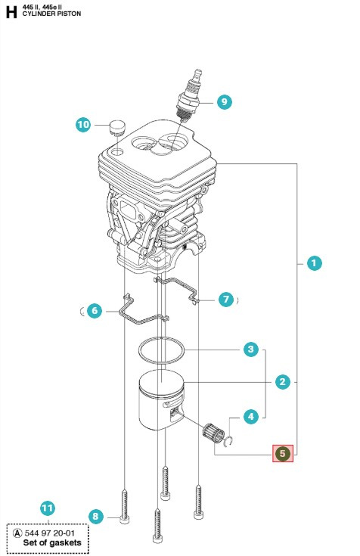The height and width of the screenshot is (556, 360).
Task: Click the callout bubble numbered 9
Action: pos(223,101)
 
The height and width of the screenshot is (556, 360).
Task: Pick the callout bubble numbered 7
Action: pos(225,300)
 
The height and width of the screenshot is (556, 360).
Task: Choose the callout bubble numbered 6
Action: pos(94,310)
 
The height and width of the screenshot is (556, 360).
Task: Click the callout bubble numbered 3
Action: pos(250,349)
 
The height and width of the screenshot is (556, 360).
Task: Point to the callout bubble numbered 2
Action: pos(282,382)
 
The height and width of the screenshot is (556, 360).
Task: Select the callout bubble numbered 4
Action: pos(250,415)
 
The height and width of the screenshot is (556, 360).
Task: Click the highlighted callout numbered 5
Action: pos(282,453)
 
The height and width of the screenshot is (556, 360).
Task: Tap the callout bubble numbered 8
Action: pos(95,517)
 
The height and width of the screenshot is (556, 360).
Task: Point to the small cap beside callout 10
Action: pos(116,125)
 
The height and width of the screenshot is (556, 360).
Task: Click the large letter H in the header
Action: pos(10,11)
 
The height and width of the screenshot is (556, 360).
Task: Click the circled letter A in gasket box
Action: pos(16,533)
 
